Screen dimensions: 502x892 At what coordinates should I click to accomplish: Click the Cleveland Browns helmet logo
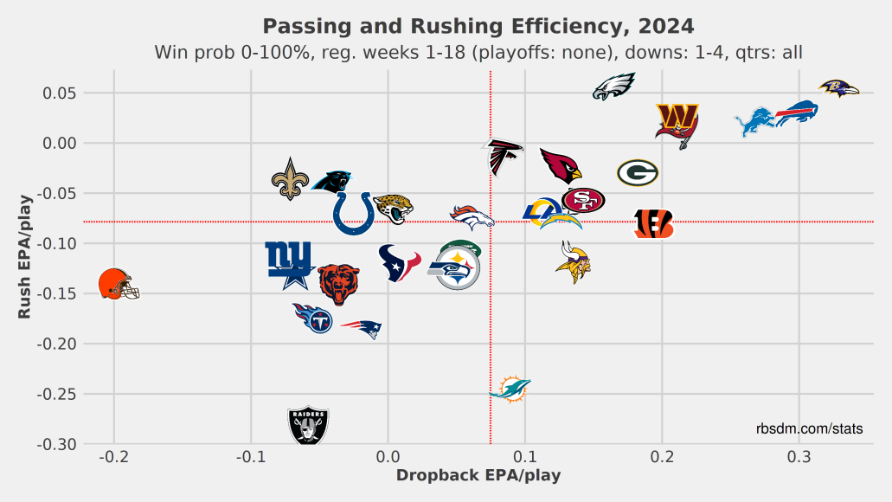118,285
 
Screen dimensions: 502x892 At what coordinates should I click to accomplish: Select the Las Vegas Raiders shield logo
308,425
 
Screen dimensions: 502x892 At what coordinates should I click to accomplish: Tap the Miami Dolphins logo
510,389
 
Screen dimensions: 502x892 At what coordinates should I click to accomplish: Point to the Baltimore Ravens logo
838,87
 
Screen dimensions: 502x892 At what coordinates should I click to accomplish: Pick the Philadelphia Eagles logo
613,87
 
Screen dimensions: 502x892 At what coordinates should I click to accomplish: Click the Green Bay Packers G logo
638,173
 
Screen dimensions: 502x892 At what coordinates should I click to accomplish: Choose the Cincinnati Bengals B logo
653,223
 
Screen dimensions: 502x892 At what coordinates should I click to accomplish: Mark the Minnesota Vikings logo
573,264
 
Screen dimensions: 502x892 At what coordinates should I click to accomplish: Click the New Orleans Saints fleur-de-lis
290,178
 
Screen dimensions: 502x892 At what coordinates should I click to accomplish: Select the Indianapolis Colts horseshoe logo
353,213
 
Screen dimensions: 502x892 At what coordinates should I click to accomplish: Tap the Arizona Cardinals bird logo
561,164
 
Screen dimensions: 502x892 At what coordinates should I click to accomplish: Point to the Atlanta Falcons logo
502,158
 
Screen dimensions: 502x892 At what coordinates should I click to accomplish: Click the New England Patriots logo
361,328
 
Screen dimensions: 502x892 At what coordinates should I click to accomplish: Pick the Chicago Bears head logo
337,284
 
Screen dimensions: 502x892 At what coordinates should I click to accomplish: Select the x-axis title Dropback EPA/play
478,475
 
